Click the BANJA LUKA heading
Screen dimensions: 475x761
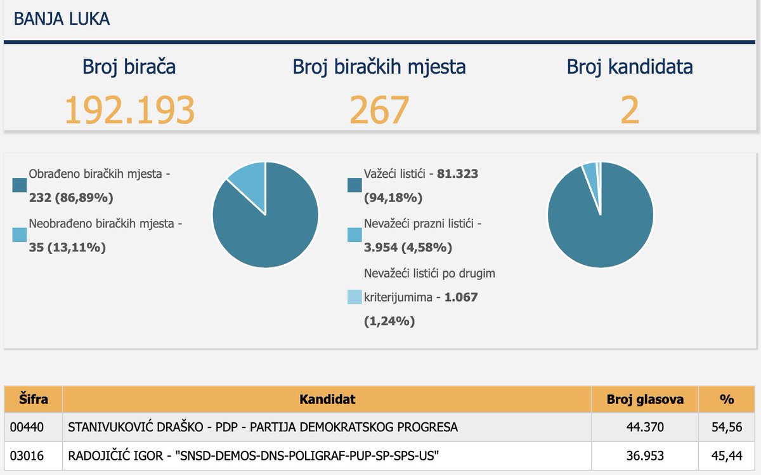(x=62, y=19)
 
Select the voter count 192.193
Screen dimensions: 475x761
(x=129, y=109)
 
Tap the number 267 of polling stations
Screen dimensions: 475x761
(x=379, y=109)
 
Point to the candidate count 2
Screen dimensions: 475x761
(x=629, y=109)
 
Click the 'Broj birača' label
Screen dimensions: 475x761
(x=129, y=67)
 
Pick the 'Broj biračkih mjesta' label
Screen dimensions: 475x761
(x=379, y=67)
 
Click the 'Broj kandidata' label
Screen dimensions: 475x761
(x=629, y=67)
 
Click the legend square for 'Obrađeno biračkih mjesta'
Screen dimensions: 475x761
(x=20, y=185)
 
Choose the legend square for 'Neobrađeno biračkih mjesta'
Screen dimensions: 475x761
(x=20, y=235)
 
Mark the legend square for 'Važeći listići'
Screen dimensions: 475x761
(x=354, y=185)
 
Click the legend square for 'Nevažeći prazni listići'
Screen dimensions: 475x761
(x=354, y=235)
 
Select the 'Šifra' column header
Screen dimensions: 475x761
(x=33, y=399)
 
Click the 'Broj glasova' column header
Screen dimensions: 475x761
(x=644, y=399)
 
